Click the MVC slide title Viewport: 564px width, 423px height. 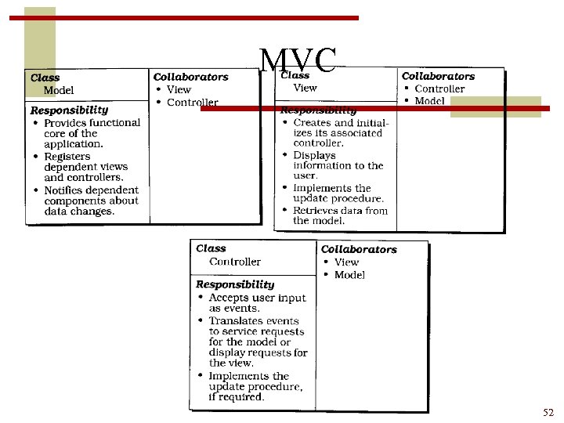tap(298, 61)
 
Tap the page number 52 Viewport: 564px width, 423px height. tap(548, 412)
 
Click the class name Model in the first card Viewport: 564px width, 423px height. tap(59, 90)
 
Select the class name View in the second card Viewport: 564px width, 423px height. tap(305, 88)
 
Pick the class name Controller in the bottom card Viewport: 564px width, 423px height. tap(235, 262)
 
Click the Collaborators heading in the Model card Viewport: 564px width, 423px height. tap(190, 77)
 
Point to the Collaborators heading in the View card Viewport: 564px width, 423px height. tap(438, 76)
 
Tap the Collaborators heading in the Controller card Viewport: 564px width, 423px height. tap(359, 249)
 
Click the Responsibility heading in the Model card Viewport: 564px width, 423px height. tap(69, 110)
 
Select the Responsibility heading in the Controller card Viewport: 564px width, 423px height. tap(235, 284)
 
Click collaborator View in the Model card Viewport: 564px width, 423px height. tap(179, 89)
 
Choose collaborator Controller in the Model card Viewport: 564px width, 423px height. tap(193, 103)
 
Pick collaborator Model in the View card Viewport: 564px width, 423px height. tap(429, 101)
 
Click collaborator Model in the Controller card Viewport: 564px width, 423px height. tap(349, 275)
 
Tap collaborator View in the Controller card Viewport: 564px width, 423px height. tap(346, 262)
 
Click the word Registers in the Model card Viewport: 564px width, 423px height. tap(67, 156)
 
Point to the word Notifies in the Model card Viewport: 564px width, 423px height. tap(65, 190)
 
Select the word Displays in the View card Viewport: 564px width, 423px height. tap(314, 154)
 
